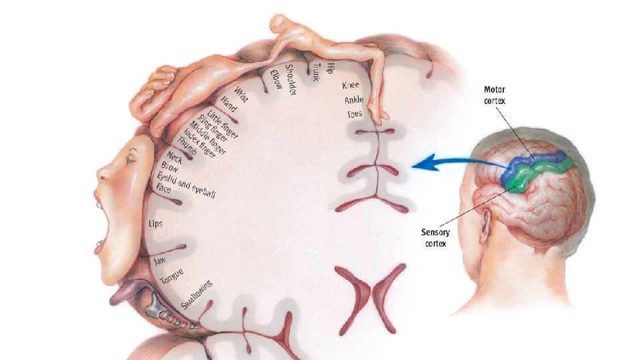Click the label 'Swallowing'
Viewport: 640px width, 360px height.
197,296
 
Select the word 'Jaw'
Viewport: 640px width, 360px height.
159,261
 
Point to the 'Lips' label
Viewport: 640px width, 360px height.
155,223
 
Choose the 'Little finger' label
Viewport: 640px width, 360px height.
223,123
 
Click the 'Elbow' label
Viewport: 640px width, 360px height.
276,77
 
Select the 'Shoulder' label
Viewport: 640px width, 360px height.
291,79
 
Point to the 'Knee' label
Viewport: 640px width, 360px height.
351,85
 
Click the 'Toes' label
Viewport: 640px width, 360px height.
355,114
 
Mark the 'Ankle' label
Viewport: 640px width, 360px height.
354,100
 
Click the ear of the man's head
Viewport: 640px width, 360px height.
485,223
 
